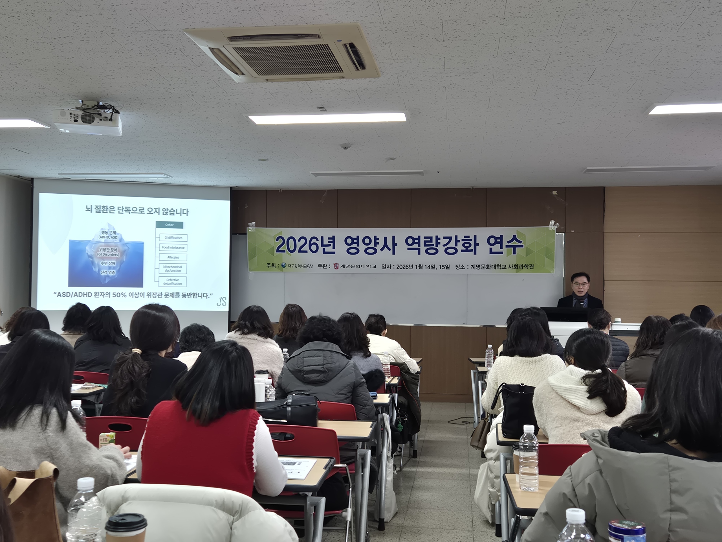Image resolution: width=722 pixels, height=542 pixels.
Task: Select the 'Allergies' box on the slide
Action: tap(173, 257)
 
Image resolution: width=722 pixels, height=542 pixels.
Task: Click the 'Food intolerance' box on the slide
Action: tap(173, 247)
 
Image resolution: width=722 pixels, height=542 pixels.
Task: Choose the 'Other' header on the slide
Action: tap(170, 225)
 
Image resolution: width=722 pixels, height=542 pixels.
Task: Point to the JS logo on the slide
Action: tap(221, 301)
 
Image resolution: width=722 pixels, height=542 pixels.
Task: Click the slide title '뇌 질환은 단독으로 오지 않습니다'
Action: tap(137, 212)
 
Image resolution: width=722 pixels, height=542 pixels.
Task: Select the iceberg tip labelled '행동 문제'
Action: tap(109, 234)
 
